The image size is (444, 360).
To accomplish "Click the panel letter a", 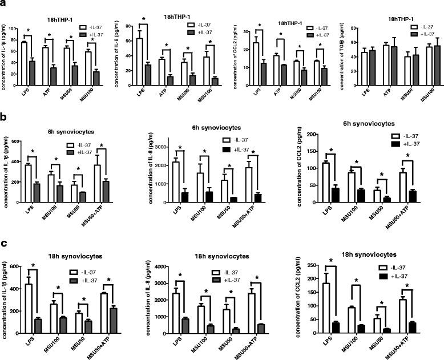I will (x=4, y=5).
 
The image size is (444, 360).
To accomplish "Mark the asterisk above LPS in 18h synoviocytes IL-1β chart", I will (x=33, y=265).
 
